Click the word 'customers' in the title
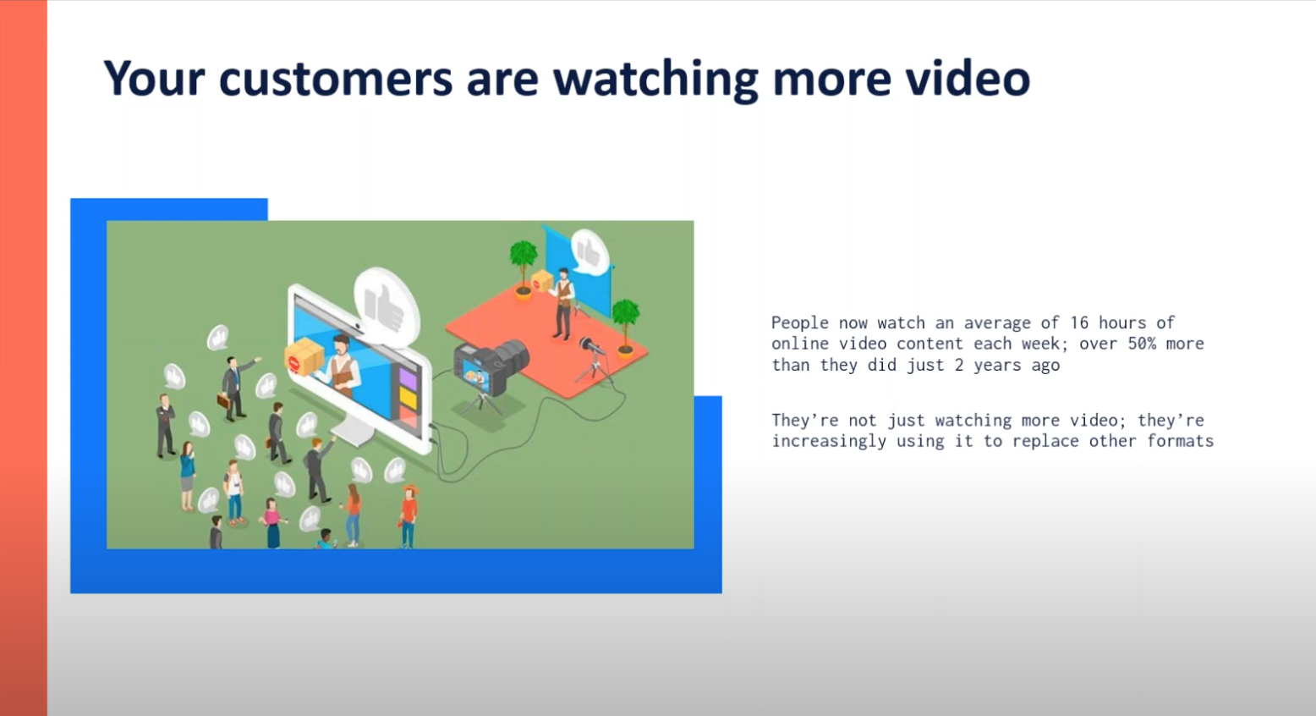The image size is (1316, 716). pyautogui.click(x=336, y=79)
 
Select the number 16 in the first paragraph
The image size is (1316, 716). pyautogui.click(x=1079, y=322)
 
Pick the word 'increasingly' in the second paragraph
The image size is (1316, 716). pyautogui.click(x=829, y=442)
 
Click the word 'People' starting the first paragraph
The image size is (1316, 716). pyautogui.click(x=799, y=322)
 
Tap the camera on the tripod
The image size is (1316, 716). pyautogui.click(x=491, y=366)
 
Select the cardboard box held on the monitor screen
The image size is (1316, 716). pyautogui.click(x=304, y=357)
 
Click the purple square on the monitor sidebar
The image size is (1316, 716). pyautogui.click(x=408, y=378)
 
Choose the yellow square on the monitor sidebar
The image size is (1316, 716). pyautogui.click(x=408, y=399)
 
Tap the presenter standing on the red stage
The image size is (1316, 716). pyautogui.click(x=563, y=304)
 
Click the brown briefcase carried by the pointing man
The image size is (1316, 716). pyautogui.click(x=223, y=401)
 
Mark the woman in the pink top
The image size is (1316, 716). pyautogui.click(x=272, y=524)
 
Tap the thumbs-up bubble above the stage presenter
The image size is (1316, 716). pyautogui.click(x=589, y=252)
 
